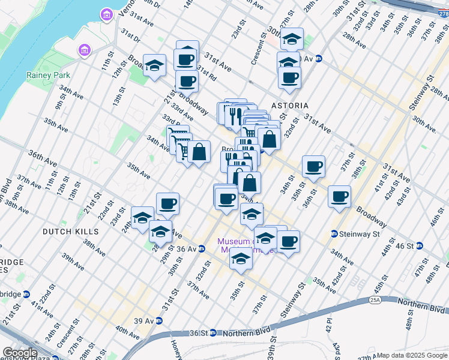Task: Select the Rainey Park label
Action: [x=48, y=75]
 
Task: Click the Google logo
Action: [x=20, y=353]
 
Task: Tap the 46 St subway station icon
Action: [x=420, y=246]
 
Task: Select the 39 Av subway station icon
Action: [x=158, y=321]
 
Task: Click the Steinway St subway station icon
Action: [x=333, y=233]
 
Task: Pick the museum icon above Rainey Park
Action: [x=83, y=51]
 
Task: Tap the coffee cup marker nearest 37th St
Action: [x=339, y=196]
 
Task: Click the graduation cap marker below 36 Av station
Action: [x=241, y=259]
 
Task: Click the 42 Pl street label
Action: [x=328, y=325]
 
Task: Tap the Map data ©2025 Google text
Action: [x=412, y=355]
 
